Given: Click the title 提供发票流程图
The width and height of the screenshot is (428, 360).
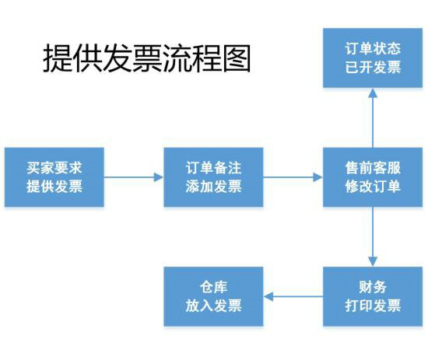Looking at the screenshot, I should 147,59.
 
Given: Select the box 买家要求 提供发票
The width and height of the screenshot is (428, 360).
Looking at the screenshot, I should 54,177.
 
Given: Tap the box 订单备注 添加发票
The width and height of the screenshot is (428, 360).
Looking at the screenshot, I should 213,177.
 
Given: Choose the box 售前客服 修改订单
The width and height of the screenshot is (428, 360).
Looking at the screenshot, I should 373,177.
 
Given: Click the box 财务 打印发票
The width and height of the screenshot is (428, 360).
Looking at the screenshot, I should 373,296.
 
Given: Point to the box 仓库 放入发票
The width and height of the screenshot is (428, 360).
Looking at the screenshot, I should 213,296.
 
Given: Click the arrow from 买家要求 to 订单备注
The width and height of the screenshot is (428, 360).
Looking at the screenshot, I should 134,177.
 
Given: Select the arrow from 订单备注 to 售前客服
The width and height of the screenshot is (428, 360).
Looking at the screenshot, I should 293,177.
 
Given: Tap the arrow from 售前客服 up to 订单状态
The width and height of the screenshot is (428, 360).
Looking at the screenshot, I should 373,117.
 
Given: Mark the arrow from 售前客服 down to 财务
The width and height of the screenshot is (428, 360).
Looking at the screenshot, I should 373,236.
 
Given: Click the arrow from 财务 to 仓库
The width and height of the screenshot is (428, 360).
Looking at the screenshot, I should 293,296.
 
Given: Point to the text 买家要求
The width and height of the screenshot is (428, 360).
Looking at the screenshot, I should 54,167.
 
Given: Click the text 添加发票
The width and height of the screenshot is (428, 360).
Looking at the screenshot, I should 213,187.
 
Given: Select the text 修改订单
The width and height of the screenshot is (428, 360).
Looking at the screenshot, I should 373,187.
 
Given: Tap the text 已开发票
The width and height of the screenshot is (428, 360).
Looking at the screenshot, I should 373,67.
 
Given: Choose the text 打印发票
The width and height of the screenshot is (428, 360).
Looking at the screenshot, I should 373,306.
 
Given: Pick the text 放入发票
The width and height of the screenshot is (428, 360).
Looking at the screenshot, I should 213,306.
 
